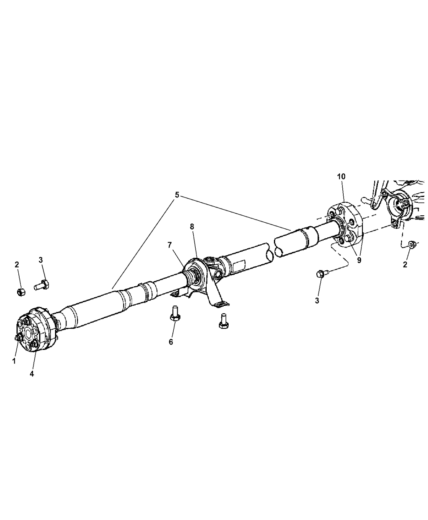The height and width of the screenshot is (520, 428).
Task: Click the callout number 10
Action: (341, 177)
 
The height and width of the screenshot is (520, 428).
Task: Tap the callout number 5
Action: (177, 195)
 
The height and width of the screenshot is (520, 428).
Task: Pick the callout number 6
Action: (171, 342)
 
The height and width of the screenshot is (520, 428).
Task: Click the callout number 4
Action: (31, 374)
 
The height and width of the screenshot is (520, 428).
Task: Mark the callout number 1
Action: (14, 361)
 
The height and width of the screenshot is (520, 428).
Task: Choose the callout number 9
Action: (359, 261)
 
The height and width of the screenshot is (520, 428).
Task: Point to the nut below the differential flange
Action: (412, 245)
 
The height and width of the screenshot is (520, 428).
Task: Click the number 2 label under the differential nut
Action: (405, 264)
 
